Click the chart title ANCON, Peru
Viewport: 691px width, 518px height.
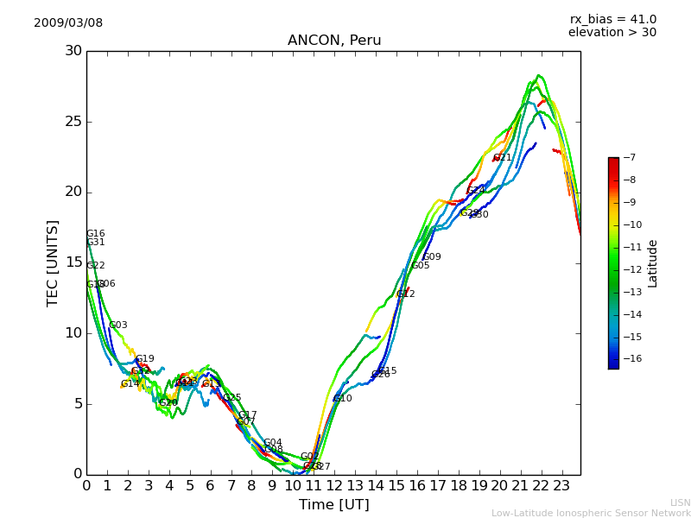pyautogui.click(x=334, y=41)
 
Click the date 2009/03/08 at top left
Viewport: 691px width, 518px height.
pyautogui.click(x=68, y=23)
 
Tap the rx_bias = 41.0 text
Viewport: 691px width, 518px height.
pyautogui.click(x=612, y=19)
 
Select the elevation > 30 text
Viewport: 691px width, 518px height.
pyautogui.click(x=612, y=33)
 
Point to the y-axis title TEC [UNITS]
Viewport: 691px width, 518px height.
pyautogui.click(x=53, y=262)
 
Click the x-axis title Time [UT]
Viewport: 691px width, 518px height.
pyautogui.click(x=334, y=505)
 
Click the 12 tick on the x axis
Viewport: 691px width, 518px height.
pyautogui.click(x=334, y=485)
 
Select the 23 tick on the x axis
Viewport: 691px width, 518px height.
pyautogui.click(x=561, y=485)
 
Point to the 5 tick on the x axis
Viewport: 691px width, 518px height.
pyautogui.click(x=190, y=485)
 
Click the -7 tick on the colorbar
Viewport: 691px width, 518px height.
pyautogui.click(x=628, y=158)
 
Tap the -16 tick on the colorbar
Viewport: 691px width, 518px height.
pyautogui.click(x=630, y=359)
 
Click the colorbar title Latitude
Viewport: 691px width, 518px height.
pyautogui.click(x=653, y=263)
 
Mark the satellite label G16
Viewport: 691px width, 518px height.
pyautogui.click(x=96, y=234)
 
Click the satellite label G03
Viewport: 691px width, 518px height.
pyautogui.click(x=118, y=325)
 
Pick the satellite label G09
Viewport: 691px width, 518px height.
pyautogui.click(x=432, y=257)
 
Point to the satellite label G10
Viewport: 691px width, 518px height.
pyautogui.click(x=343, y=399)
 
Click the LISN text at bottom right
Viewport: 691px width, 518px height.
pyautogui.click(x=680, y=502)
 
